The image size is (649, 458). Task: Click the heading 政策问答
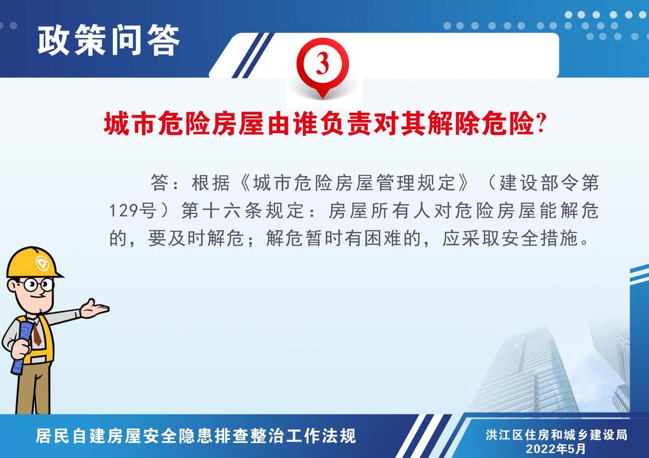click(109, 40)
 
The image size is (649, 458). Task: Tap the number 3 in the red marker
click(323, 64)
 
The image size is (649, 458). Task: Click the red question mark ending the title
click(541, 122)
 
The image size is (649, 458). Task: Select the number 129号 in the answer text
click(133, 211)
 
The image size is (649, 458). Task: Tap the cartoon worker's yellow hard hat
click(33, 262)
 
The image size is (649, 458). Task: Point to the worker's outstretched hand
click(94, 309)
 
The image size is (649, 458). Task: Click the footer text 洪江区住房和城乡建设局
click(556, 435)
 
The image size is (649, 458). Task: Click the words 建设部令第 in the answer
click(549, 182)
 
